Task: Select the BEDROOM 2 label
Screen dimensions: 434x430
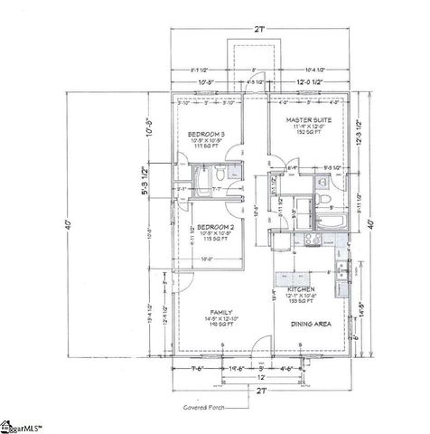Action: [216, 226]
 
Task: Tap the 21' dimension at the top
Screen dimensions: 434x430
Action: [259, 30]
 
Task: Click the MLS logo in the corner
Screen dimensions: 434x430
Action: [24, 426]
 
